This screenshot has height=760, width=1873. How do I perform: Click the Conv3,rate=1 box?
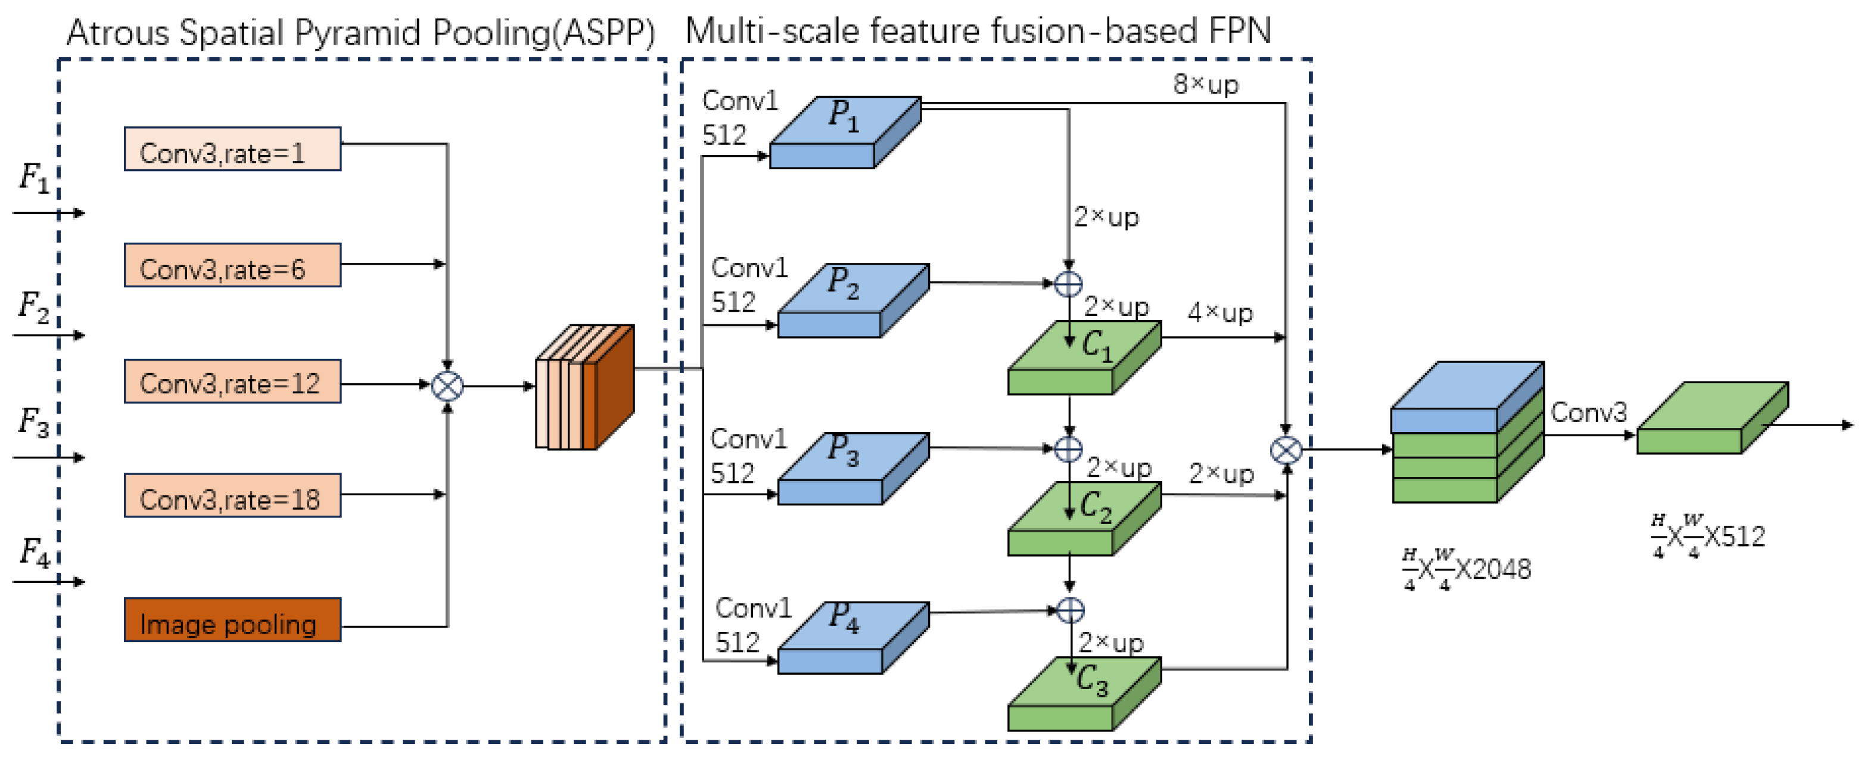point(232,150)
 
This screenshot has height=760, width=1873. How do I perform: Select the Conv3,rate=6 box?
point(232,265)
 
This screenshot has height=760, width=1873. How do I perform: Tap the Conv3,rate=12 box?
point(232,381)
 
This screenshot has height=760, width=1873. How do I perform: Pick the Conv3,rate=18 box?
point(232,496)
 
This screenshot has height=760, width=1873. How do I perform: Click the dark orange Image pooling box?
point(232,621)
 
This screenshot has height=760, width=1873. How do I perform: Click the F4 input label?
point(33,553)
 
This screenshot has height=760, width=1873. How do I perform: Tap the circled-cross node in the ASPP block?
point(447,386)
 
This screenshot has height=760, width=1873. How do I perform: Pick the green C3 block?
point(1084,694)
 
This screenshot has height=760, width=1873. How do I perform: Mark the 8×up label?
point(1206,85)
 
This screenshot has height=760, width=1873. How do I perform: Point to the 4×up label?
point(1220,313)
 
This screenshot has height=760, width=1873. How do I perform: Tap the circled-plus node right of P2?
point(1068,284)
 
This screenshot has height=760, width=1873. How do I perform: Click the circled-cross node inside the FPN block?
point(1286,450)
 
